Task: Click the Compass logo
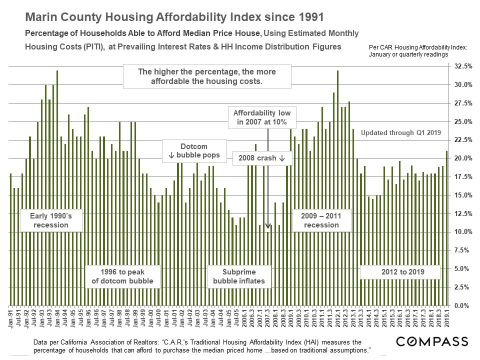tap(432, 341)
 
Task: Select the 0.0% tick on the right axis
tap(462, 305)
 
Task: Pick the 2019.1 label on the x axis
tap(447, 318)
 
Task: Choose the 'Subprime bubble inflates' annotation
tap(239, 276)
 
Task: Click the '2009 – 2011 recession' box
tap(320, 220)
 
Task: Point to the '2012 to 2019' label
tap(399, 272)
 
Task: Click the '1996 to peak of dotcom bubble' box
tap(123, 276)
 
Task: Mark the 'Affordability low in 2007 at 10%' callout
tap(262, 117)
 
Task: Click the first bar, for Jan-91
tap(11, 239)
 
